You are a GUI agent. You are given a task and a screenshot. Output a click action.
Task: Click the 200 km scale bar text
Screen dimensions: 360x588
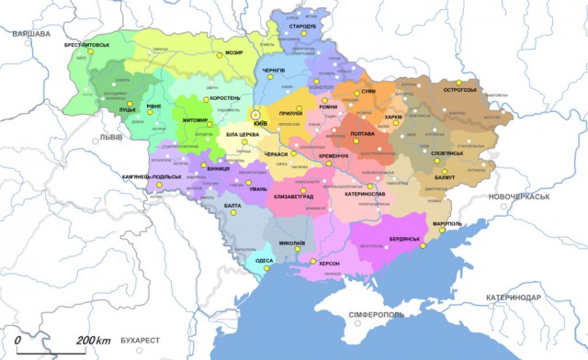(x=94, y=341)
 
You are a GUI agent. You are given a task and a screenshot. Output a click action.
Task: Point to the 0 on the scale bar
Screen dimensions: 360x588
(x=18, y=341)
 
